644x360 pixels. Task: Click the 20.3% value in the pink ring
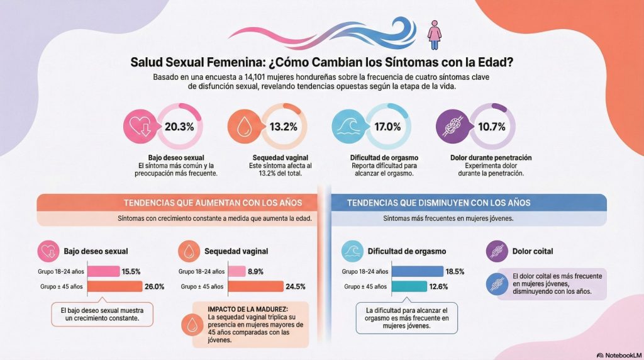pos(179,127)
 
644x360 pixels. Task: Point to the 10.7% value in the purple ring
pos(491,127)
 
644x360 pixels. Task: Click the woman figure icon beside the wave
pos(434,34)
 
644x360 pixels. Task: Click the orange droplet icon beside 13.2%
pos(243,127)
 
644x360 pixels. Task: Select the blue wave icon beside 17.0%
pos(348,127)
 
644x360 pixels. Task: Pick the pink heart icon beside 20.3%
pos(139,127)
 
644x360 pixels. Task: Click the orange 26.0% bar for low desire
pos(114,286)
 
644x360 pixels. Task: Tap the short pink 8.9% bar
pos(236,271)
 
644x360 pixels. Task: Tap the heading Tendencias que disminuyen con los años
pos(439,203)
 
